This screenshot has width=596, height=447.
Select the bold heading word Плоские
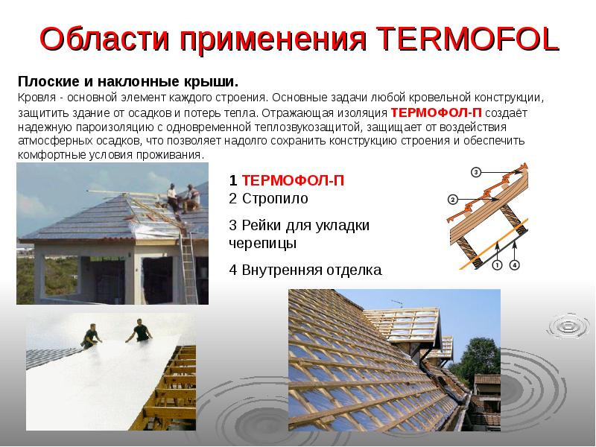coord(45,81)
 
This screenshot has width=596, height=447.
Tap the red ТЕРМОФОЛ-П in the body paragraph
coord(437,112)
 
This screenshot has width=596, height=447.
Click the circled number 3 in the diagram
coord(476,172)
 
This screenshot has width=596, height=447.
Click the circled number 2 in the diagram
coord(452,199)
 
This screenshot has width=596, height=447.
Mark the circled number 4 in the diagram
coord(515,264)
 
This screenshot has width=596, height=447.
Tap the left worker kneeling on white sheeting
coord(91,335)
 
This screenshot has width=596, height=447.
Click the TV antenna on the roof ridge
coord(397,305)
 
